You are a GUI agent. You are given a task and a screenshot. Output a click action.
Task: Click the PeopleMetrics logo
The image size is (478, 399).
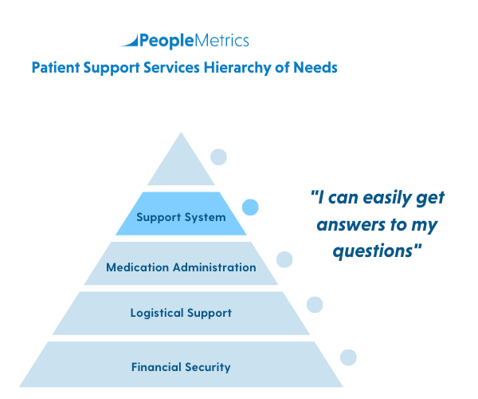tap(184, 41)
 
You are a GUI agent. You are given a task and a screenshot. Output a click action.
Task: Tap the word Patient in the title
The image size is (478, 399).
tap(57, 69)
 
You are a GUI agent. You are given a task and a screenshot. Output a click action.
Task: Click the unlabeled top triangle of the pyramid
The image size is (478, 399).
tap(181, 164)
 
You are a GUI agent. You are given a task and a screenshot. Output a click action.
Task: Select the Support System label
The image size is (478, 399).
tap(181, 217)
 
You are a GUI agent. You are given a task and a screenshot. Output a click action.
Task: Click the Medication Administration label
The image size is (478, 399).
tap(181, 267)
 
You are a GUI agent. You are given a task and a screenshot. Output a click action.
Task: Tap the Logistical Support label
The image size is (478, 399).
tap(181, 313)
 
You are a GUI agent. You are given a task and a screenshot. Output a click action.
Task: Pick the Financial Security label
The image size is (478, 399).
tap(181, 367)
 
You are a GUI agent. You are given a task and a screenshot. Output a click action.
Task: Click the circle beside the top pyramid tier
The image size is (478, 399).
tap(218, 157)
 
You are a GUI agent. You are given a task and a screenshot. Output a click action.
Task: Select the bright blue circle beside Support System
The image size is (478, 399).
tap(251, 207)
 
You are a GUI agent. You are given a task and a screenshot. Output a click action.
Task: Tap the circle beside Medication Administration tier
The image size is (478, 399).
tap(284, 259)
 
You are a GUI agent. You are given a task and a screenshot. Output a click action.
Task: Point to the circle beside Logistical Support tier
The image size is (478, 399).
tap(315, 304)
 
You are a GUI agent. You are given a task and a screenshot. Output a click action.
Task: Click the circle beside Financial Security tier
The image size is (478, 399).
tap(348, 358)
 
